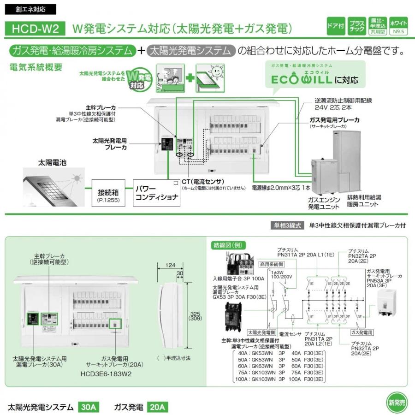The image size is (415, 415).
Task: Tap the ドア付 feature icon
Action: point(335,26)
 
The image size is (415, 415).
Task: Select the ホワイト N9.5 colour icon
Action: point(398,26)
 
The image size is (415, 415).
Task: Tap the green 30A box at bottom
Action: point(88,407)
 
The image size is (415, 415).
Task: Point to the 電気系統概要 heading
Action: point(36,66)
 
